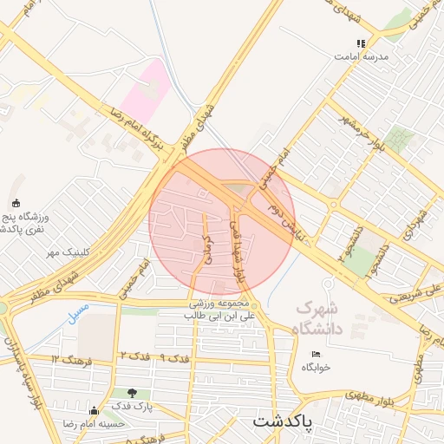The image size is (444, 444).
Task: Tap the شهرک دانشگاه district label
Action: [x=319, y=318]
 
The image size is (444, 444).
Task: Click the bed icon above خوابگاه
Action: [x=316, y=354]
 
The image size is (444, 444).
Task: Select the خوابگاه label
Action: [x=317, y=367]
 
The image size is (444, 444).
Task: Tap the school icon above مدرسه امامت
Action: [x=361, y=43]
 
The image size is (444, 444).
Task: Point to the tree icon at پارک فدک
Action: [x=132, y=393]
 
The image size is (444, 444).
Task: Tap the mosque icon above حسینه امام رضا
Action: [x=94, y=410]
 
